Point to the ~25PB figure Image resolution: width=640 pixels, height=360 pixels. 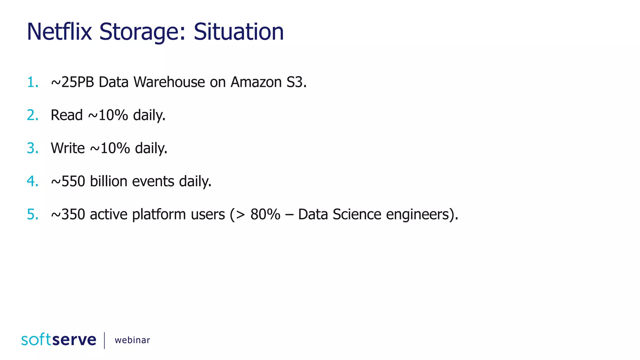point(72,82)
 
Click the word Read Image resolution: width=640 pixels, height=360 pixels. point(67,115)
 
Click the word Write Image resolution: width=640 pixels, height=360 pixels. point(68,148)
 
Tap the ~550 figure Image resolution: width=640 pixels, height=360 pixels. point(68,181)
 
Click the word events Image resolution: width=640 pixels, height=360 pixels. point(153,181)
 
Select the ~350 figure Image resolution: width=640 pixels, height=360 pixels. point(68,214)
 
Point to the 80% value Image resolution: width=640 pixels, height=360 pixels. point(265,214)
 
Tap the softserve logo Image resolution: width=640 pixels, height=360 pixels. point(59,340)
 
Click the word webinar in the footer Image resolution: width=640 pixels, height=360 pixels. point(132,340)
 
